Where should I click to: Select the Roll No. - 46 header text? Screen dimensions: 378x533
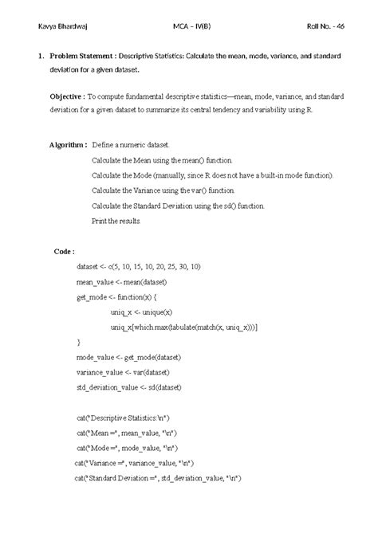click(x=325, y=26)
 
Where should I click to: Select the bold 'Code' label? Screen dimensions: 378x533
click(x=64, y=250)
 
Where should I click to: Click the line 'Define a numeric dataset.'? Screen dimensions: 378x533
click(x=130, y=147)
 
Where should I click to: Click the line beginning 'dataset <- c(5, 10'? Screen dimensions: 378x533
click(x=139, y=267)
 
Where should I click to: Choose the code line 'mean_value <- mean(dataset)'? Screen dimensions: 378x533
click(x=122, y=282)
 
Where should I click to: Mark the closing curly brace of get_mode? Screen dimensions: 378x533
click(x=78, y=341)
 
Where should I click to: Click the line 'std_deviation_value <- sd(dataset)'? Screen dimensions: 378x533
click(x=128, y=386)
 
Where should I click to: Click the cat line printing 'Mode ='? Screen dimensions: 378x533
click(x=127, y=448)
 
